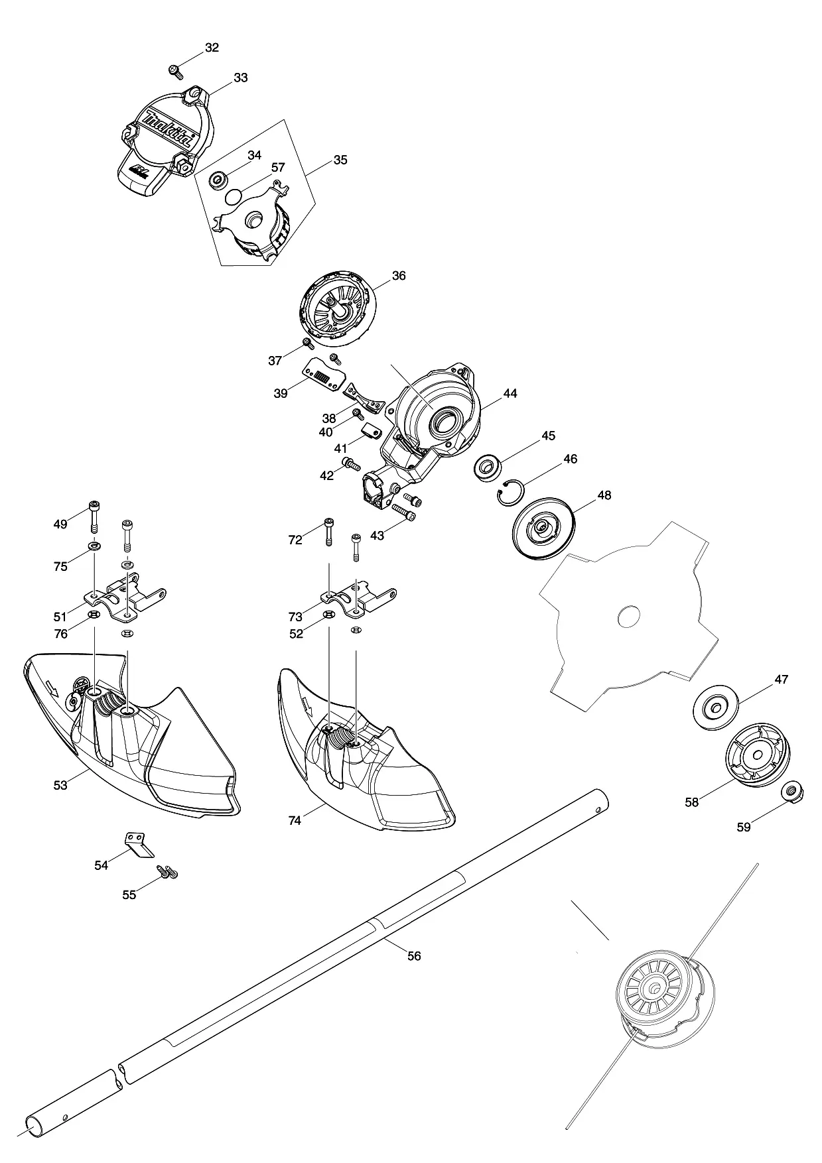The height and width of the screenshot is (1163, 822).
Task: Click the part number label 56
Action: coord(414,956)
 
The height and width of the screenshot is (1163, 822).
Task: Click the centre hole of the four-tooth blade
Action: coord(628,618)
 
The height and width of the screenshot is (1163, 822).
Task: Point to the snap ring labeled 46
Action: coord(512,491)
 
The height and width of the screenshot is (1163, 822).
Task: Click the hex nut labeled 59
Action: coord(789,792)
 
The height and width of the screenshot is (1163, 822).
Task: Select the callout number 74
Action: coord(295,821)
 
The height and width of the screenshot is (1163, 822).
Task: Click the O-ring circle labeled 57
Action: coord(234,197)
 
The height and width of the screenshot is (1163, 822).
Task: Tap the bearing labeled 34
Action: coord(218,180)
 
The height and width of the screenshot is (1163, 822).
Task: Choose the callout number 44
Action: coord(510,393)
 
